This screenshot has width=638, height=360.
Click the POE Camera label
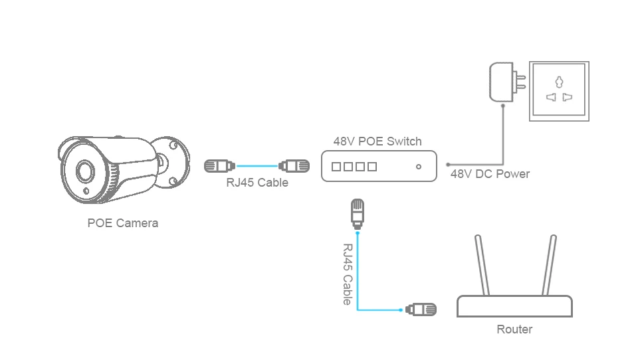(123, 223)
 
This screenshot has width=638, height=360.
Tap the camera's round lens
(85, 171)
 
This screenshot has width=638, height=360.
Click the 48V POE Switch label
(377, 141)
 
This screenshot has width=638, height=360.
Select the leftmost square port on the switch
(336, 166)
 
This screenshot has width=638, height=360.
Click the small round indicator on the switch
(418, 166)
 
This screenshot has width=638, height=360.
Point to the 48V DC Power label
(490, 174)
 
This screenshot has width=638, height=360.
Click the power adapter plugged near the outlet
(507, 82)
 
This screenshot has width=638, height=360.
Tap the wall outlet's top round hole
(559, 82)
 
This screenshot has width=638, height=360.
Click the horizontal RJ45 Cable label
(257, 182)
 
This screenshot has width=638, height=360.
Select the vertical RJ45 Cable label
(347, 274)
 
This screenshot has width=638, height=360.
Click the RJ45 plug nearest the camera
(219, 166)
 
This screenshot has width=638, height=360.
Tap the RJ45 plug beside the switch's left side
(294, 166)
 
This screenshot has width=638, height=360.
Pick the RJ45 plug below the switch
(358, 214)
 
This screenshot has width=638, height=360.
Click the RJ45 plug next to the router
(421, 310)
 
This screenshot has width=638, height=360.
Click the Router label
(514, 329)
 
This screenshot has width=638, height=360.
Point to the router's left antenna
(482, 265)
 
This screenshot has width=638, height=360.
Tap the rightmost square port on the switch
(372, 166)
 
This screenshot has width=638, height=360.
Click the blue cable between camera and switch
(257, 166)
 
